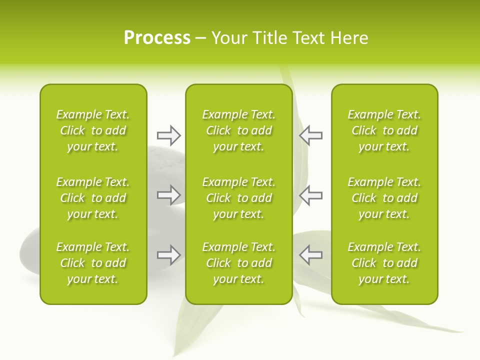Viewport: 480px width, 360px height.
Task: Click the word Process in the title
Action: [157, 38]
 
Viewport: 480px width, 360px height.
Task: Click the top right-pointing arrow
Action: [168, 135]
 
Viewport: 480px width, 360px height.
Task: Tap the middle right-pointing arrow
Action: [168, 195]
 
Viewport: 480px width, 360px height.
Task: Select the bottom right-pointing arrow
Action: [168, 255]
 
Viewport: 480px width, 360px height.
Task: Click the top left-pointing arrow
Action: [311, 135]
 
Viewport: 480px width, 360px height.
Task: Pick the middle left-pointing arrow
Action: [311, 195]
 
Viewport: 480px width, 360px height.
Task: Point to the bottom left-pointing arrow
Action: [311, 255]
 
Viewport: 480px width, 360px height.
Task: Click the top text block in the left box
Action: [93, 130]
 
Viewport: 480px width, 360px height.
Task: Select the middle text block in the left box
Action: [93, 198]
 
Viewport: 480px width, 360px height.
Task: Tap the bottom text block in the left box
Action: [93, 263]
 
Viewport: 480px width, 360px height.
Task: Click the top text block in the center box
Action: [238, 130]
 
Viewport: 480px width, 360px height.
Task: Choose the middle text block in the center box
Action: [238, 198]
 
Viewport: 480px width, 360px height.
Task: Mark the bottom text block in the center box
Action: [238, 263]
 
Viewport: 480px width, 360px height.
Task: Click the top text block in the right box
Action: [384, 130]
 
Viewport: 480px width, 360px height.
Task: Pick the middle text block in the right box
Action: [384, 198]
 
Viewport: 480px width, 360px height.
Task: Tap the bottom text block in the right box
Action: [384, 263]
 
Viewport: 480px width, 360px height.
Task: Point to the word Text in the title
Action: [309, 38]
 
